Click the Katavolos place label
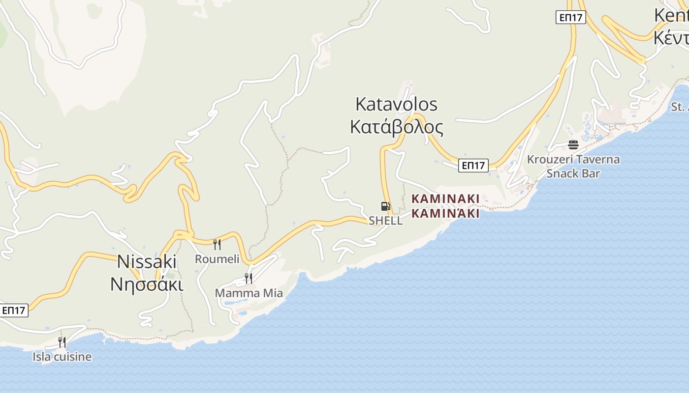(396, 104)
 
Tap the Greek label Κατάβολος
(396, 127)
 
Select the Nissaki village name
(146, 261)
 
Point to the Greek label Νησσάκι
(146, 284)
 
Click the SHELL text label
(385, 221)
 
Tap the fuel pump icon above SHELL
(385, 206)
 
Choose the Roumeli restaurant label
(217, 259)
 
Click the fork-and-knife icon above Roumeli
(217, 244)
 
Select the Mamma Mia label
(249, 293)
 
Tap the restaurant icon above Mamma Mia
(249, 279)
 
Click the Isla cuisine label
(62, 357)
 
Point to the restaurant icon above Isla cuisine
(62, 342)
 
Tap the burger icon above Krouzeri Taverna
(573, 144)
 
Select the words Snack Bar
(573, 173)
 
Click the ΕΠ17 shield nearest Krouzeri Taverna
(473, 166)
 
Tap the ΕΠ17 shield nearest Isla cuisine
(13, 310)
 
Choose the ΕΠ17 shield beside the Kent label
(571, 18)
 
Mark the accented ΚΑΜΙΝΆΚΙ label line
(445, 214)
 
